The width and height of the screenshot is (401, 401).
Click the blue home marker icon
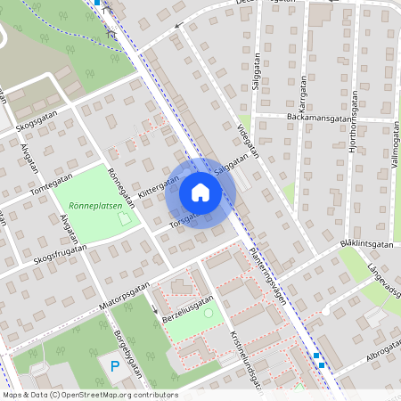(200, 192)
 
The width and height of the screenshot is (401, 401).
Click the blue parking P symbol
(113, 366)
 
